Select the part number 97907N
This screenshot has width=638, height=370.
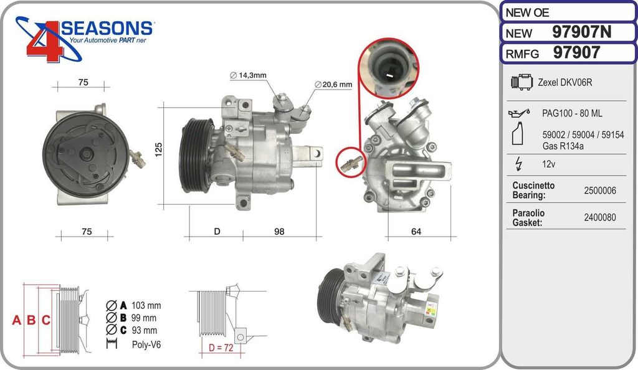585,32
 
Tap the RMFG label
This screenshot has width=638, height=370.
521,54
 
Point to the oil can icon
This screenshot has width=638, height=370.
520,113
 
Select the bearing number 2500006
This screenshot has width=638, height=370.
600,191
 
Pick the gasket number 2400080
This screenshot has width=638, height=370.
600,217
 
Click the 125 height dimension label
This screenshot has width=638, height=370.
159,149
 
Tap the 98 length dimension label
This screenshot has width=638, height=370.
279,232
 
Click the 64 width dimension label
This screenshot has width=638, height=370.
416,232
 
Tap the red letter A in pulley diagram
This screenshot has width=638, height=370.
17,321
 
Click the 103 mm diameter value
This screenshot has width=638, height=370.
146,305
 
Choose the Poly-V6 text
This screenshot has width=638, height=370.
146,344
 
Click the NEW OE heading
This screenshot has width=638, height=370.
527,12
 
